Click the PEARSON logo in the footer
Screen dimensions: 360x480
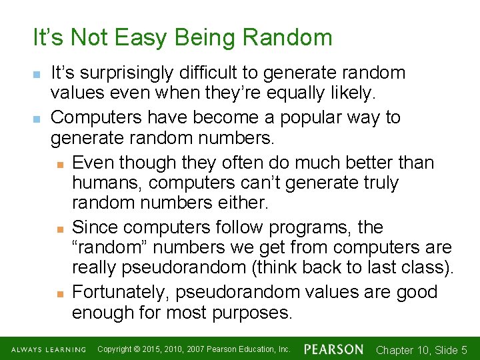334,349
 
